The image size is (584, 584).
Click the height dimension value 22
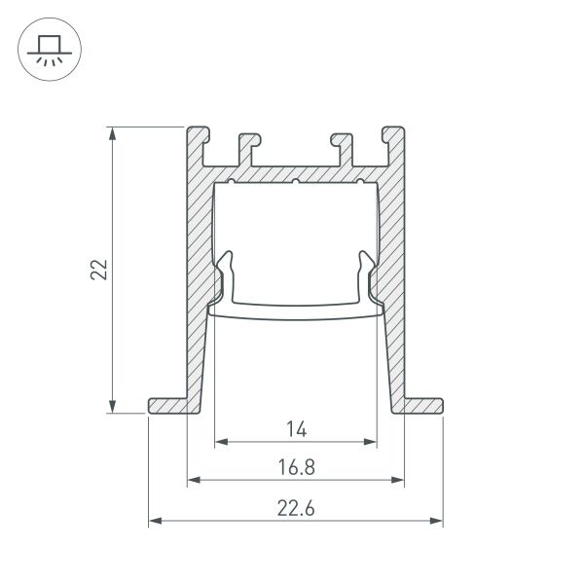point(98,270)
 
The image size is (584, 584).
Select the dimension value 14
point(296,428)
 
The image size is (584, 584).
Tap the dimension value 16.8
point(296,467)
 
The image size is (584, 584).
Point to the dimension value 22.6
point(296,508)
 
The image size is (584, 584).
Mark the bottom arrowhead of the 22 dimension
point(115,408)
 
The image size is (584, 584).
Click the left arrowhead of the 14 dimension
point(219,441)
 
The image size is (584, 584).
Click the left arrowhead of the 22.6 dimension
point(154,522)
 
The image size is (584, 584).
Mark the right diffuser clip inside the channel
point(366,277)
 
